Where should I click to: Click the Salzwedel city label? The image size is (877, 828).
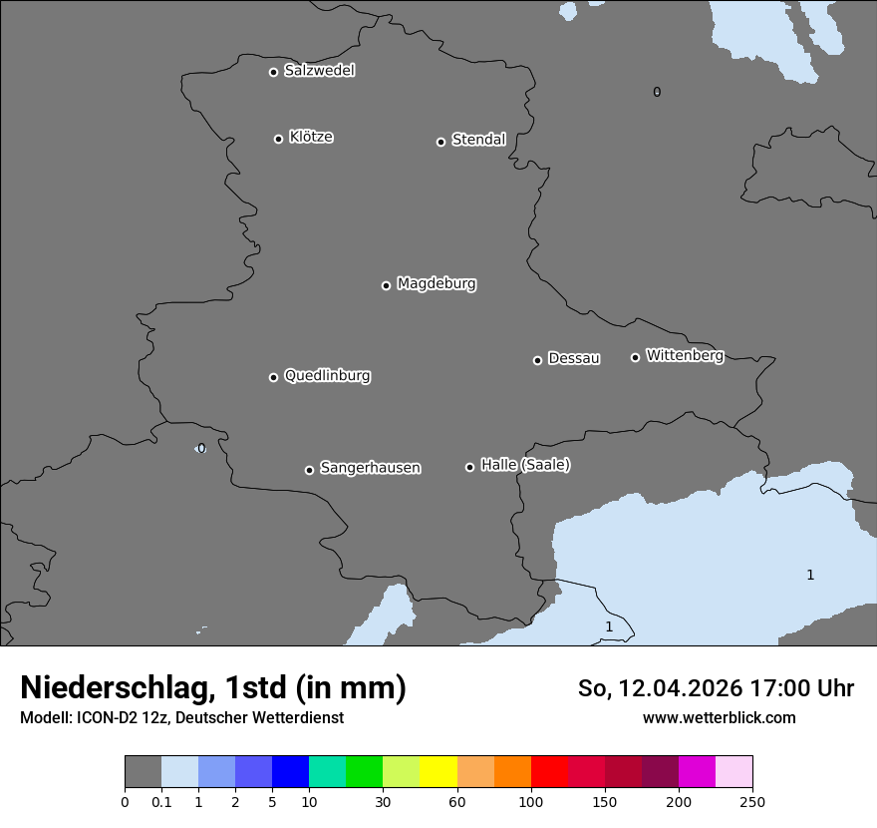[x=319, y=71]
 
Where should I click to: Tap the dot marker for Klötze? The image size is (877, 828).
[x=278, y=139]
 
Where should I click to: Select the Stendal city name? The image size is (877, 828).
[x=478, y=140]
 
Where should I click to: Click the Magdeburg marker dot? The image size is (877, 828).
[x=386, y=285]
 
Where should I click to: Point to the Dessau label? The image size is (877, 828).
[x=574, y=358]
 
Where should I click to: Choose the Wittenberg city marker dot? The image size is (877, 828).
[x=635, y=357]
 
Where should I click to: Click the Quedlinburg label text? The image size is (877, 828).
[x=327, y=376]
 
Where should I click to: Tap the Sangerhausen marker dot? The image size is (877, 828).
[x=309, y=470]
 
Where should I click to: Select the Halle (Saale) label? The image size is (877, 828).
[x=525, y=465]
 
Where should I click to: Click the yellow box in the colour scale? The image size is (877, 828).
[x=438, y=773]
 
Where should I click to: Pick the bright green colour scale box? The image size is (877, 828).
[x=364, y=773]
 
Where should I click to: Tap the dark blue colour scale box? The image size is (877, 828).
[x=290, y=773]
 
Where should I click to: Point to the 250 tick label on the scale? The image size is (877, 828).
[x=752, y=802]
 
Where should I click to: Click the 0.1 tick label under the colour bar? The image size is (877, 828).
[x=161, y=802]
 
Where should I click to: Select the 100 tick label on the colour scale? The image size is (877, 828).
[x=530, y=802]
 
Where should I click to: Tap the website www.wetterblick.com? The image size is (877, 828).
[x=719, y=717]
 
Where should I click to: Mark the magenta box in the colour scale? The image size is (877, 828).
[x=697, y=773]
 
